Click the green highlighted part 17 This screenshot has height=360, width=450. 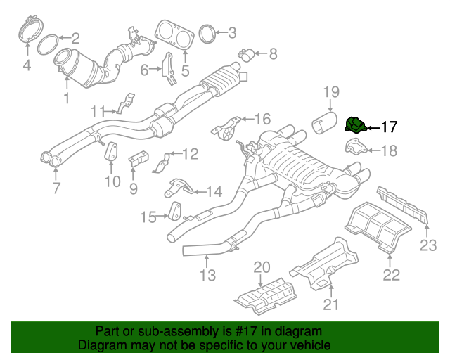pos(355,124)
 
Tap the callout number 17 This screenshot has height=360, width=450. pos(389,127)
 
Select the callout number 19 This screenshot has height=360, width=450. pos(331,91)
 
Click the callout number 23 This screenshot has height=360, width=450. pos(428,245)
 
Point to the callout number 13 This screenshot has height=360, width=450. pos(207,276)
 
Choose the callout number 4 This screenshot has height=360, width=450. pos(27,67)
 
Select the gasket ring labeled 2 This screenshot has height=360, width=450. pos(47,44)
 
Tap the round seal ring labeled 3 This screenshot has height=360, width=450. pos(206,32)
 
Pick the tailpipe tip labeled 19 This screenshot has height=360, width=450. pos(326,126)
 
